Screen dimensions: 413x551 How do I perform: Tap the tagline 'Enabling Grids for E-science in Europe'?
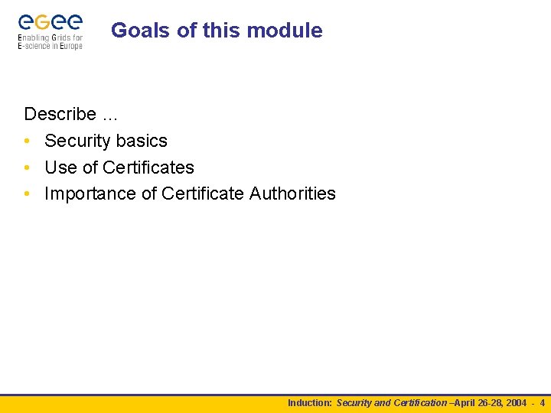coord(50,42)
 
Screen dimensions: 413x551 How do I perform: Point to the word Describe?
coord(60,114)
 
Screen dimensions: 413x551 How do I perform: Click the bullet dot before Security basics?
coord(28,141)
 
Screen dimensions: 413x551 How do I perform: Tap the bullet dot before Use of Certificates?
coord(28,168)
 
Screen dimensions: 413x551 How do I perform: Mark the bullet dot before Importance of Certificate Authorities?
coord(28,194)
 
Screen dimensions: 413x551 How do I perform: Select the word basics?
coord(142,141)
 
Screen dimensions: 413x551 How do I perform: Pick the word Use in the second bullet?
coord(61,167)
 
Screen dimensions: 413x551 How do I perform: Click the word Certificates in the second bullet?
coord(148,167)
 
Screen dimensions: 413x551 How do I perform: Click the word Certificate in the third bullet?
coord(202,194)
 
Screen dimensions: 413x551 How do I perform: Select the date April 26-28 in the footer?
coord(479,402)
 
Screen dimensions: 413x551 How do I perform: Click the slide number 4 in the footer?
coord(542,402)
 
